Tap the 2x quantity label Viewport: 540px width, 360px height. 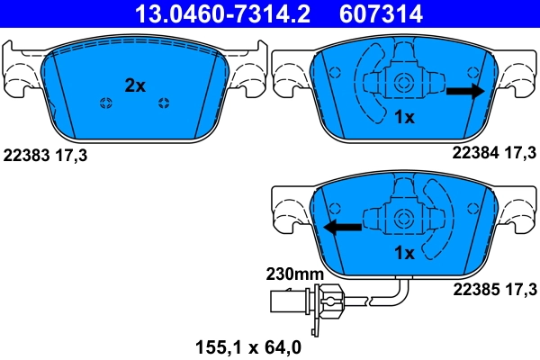pyautogui.click(x=134, y=85)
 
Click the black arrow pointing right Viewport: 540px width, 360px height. pyautogui.click(x=465, y=91)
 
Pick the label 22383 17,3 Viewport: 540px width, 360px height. pyautogui.click(x=47, y=155)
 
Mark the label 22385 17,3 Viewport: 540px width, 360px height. pyautogui.click(x=490, y=289)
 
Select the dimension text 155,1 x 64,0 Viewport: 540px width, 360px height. pyautogui.click(x=249, y=344)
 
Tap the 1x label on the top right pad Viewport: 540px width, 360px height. pyautogui.click(x=404, y=117)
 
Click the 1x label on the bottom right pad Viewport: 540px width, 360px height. pyautogui.click(x=404, y=253)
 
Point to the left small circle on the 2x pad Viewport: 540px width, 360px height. pyautogui.click(x=105, y=101)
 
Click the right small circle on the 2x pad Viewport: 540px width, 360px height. pyautogui.click(x=163, y=101)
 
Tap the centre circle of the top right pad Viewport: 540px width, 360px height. pyautogui.click(x=404, y=83)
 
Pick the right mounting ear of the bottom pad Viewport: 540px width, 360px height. pyautogui.click(x=517, y=214)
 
